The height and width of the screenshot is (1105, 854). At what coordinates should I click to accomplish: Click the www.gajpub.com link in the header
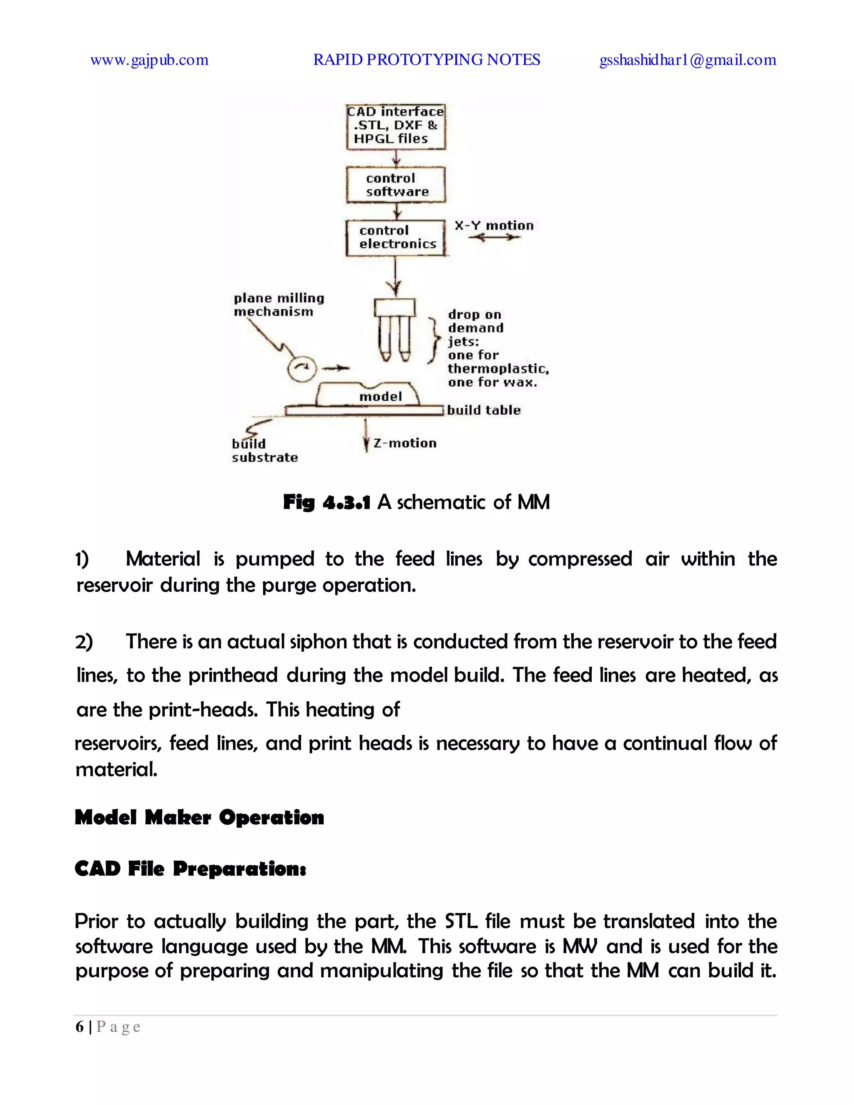coord(149,60)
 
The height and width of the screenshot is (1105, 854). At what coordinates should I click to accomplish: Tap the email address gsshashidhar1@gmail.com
coord(688,60)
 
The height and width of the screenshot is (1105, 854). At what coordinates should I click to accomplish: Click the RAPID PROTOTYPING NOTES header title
coord(427,60)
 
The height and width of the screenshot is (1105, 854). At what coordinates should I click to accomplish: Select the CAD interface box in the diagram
coord(396,126)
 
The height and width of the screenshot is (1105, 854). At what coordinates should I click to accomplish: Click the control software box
coord(396,185)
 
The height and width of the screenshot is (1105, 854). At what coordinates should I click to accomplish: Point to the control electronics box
coord(396,237)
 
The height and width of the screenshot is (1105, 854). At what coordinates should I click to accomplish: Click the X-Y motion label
coord(494,226)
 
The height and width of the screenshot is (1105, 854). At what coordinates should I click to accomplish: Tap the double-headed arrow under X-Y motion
coord(494,237)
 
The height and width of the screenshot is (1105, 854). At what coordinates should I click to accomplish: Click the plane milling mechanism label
coord(278,304)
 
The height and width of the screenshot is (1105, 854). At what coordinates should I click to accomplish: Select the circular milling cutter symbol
coord(301,369)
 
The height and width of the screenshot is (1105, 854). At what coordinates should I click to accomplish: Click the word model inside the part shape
coord(380,397)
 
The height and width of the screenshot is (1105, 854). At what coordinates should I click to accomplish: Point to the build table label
coord(483,410)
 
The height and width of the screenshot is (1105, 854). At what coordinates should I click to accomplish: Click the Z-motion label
coord(405,443)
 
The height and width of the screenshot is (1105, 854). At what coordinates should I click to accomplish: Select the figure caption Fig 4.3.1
coord(327,502)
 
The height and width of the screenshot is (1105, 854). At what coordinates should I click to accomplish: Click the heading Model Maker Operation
coord(199,817)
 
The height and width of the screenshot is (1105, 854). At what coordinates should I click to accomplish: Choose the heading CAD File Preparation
coord(190,868)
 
